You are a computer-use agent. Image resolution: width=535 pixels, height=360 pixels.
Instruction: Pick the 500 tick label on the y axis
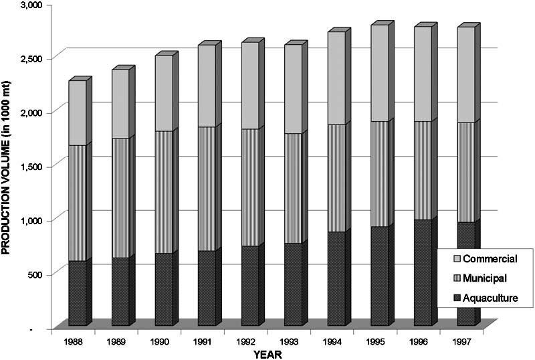point(33,274)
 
